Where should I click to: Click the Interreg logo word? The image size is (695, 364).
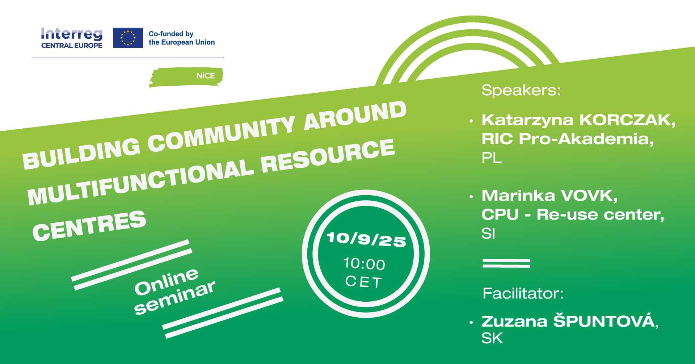click(72, 34)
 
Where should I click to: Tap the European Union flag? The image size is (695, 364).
click(128, 38)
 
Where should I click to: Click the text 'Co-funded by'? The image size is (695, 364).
click(171, 34)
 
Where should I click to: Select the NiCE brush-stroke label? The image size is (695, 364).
click(186, 77)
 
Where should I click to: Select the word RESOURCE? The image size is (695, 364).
click(328, 155)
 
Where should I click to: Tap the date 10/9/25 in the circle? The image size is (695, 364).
click(366, 239)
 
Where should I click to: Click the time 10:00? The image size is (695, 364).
click(364, 264)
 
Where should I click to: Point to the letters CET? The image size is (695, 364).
click(364, 281)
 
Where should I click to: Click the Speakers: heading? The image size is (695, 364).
click(521, 90)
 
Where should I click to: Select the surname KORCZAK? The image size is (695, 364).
click(627, 120)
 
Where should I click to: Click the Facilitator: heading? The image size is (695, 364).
click(523, 293)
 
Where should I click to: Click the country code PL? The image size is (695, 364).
click(492, 158)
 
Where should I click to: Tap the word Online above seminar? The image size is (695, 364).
click(167, 282)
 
